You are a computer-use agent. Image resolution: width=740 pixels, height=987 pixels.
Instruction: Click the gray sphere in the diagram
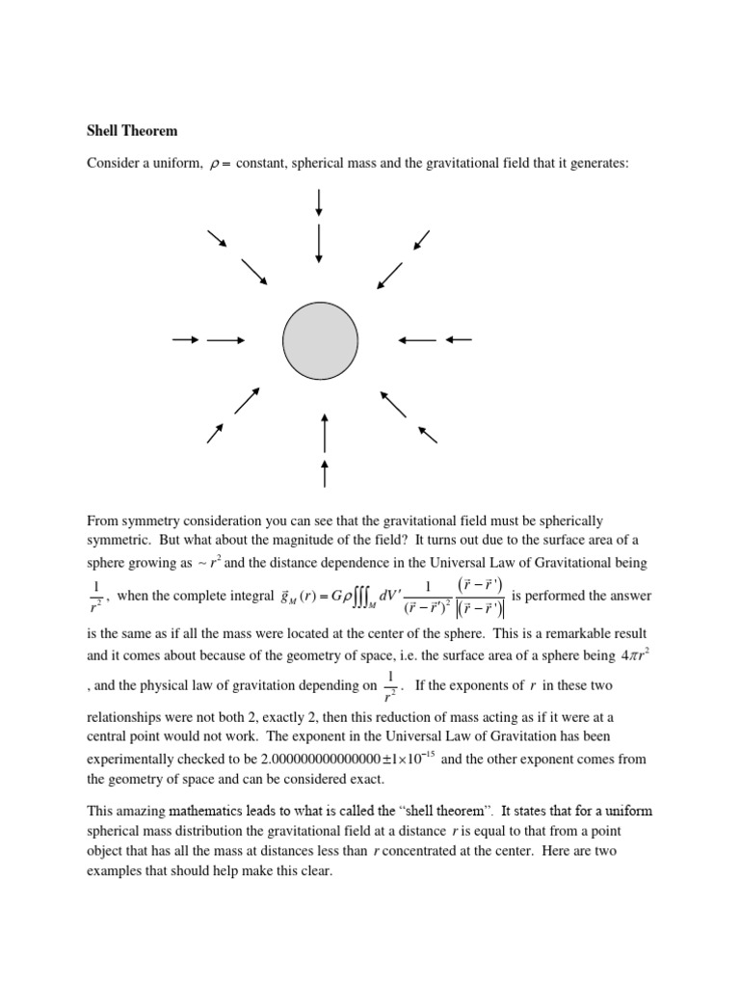pos(320,339)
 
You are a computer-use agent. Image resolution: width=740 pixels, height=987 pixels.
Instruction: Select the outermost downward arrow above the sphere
pos(319,202)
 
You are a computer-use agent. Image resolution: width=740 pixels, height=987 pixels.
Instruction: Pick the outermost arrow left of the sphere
pos(185,339)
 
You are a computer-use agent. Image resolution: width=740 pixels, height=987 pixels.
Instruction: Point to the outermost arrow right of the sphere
pos(459,339)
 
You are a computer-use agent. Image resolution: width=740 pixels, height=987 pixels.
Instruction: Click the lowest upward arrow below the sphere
pos(325,473)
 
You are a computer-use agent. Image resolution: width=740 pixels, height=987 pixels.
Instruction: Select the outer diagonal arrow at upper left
pos(217,238)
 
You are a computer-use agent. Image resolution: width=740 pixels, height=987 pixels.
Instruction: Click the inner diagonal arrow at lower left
pos(247,401)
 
